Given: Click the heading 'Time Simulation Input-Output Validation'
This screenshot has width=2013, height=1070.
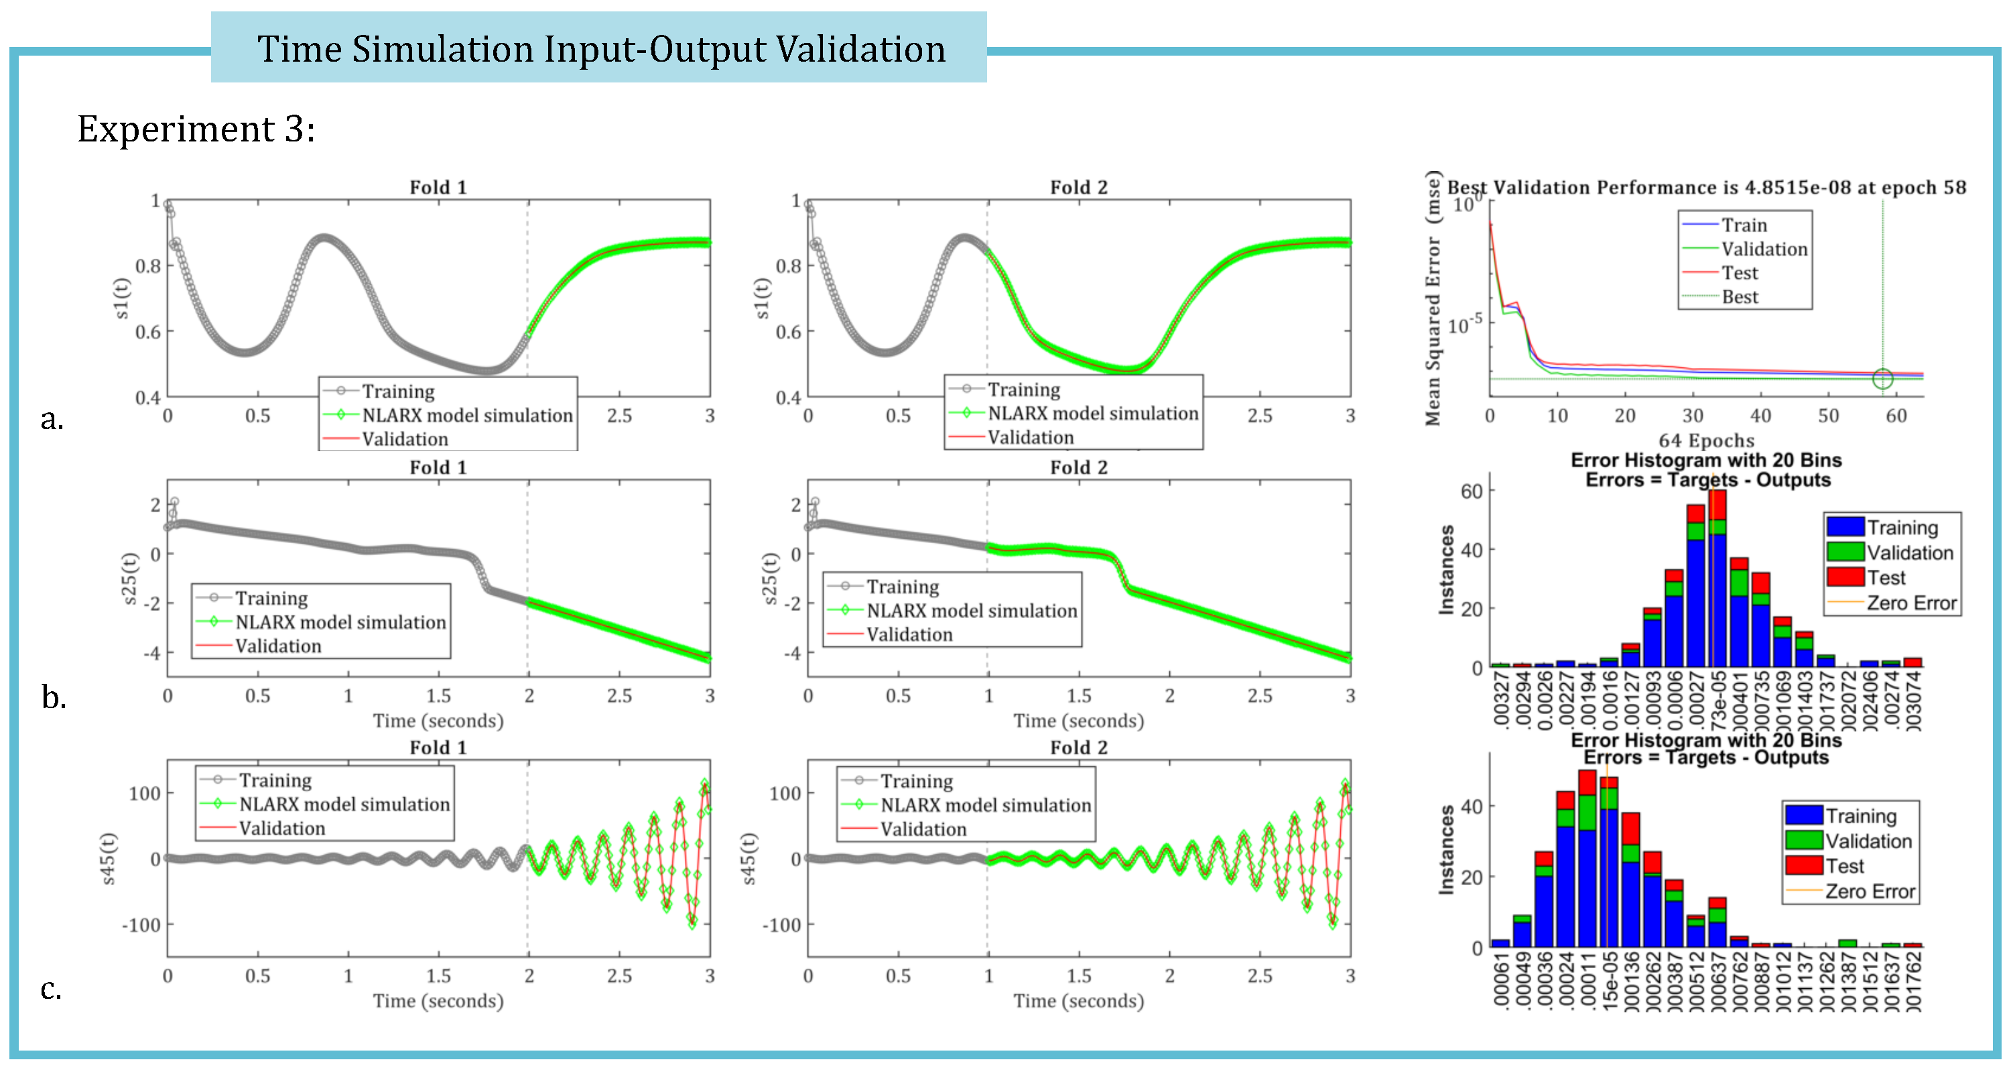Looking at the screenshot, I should pos(600,48).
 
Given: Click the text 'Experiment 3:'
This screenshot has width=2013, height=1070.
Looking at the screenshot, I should pos(196,129).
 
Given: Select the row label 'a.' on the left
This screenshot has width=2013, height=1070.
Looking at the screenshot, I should pos(52,420).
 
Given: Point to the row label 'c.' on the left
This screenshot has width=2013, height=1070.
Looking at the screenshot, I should pos(51,989).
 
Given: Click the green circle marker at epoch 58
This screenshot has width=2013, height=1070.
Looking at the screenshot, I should pos(1882,378).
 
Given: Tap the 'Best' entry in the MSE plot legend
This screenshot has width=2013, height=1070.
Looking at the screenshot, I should pos(1740,297).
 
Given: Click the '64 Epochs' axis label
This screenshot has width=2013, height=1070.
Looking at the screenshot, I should pos(1706,440).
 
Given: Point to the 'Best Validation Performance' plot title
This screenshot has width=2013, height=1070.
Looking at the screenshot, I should pos(1706,188).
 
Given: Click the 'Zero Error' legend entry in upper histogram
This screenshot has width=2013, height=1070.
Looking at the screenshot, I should pos(1910,603).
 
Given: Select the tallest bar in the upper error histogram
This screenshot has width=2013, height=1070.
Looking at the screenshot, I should pos(1717,579).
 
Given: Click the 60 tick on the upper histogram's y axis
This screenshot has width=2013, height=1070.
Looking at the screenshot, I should pos(1472,491).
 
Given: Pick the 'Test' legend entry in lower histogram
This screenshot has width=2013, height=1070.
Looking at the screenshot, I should pos(1844,866).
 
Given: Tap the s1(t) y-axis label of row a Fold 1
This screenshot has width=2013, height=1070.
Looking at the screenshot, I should pos(121,298).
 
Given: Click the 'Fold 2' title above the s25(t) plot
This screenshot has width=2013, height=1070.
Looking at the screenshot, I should pos(1078,467).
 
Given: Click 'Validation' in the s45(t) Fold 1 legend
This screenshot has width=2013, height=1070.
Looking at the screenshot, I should pos(281,828).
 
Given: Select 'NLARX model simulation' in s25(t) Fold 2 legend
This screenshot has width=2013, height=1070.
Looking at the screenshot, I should pos(972,611).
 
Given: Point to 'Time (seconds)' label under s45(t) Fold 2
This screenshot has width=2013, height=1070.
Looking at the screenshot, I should pos(1078,1001).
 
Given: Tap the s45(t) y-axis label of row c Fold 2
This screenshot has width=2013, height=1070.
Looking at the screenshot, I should pos(748,858).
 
